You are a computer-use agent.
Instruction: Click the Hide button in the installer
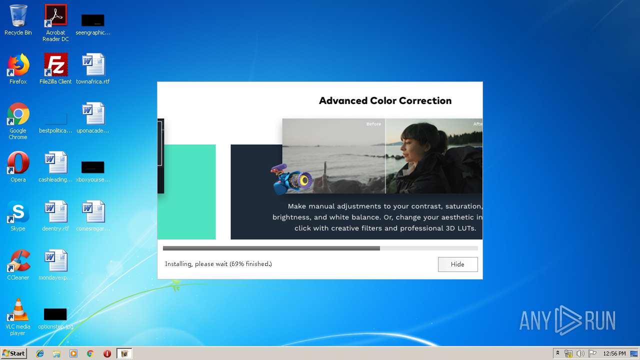coord(457,264)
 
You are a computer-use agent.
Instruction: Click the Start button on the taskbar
coord(13,353)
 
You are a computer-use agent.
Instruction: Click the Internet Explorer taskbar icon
coord(40,353)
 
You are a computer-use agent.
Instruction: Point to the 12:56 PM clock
coord(614,353)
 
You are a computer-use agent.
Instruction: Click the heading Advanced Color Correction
coord(385,100)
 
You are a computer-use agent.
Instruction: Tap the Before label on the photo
coord(373,124)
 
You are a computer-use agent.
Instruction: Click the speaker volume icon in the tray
coord(580,353)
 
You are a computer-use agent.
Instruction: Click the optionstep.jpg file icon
coord(55,314)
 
